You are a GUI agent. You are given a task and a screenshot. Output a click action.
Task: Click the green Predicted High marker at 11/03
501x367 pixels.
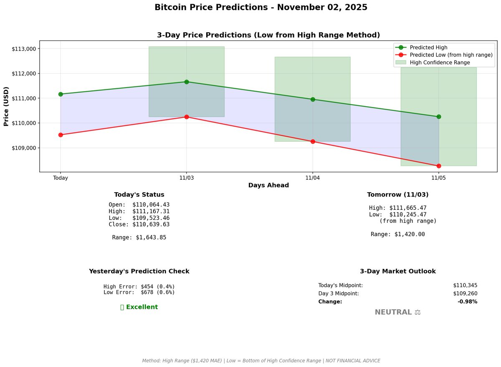point(187,82)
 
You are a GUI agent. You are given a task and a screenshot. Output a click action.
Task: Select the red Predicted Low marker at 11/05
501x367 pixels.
point(439,166)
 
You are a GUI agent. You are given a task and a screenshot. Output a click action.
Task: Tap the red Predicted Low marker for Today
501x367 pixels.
point(61,135)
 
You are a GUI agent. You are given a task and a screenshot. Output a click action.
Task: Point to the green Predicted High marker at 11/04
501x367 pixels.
point(313,99)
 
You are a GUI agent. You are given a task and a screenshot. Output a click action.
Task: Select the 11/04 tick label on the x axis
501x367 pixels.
point(313,178)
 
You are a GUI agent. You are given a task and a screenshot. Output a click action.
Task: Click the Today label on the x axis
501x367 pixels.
point(61,178)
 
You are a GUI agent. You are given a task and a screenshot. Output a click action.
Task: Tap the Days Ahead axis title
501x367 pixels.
point(268,185)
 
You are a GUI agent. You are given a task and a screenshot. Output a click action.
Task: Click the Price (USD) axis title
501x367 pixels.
point(6,106)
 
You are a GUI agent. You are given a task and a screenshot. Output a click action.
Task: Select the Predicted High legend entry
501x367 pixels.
point(428,47)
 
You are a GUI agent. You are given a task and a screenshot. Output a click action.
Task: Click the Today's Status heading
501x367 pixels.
point(139,195)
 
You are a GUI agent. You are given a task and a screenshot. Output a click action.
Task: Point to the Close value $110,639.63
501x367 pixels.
point(151,224)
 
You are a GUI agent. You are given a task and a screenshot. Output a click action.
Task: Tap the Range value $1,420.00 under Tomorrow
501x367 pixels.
point(410,234)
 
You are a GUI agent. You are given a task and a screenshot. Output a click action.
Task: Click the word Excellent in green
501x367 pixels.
point(142,307)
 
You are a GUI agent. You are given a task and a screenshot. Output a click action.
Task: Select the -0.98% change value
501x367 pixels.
point(467,302)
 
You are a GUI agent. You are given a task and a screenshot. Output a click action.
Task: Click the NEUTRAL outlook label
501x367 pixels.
point(393,312)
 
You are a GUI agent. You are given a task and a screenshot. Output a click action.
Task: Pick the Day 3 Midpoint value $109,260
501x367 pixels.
point(465,293)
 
